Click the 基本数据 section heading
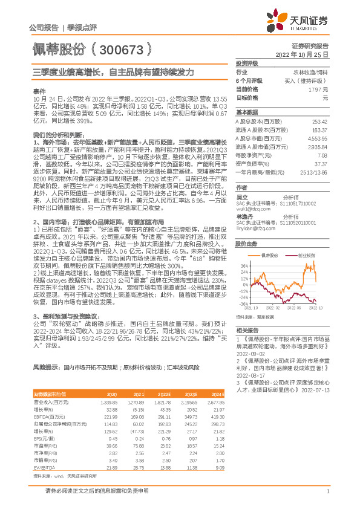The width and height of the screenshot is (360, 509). click(246, 112)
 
